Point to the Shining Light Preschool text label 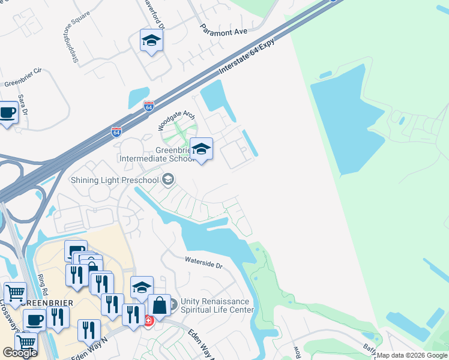click(114, 180)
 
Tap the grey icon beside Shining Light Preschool click(169, 179)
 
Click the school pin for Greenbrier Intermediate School click(201, 149)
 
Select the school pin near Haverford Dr click(151, 41)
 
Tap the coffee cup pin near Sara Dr click(7, 112)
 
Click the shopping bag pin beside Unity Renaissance click(160, 305)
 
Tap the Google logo click(19, 353)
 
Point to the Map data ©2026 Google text click(412, 355)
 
